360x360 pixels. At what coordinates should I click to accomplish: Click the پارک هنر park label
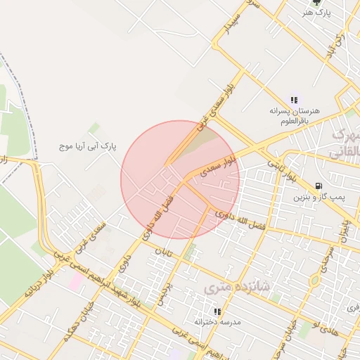316,13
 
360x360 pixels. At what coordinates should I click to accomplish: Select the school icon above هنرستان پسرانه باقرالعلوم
294,101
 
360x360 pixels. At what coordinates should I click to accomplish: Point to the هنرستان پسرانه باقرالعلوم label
295,115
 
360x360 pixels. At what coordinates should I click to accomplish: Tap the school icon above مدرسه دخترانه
217,311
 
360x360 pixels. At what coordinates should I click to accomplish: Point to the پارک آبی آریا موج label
88,146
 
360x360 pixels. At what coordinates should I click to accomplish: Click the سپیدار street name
234,26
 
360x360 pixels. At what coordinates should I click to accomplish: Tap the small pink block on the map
75,280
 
